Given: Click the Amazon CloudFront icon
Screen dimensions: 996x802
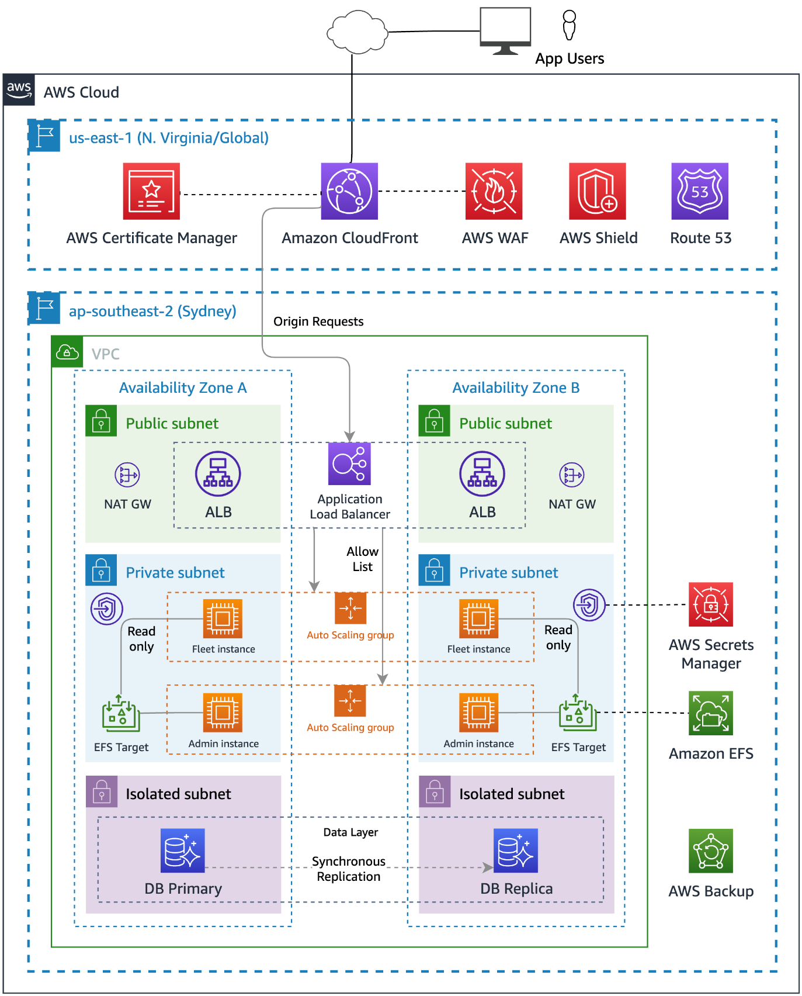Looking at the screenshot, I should coord(349,191).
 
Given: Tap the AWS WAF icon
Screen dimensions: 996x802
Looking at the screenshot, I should coord(494,191).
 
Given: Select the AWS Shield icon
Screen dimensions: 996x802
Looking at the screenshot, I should coord(597,191).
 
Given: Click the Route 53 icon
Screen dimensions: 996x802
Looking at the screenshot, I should coord(700,191).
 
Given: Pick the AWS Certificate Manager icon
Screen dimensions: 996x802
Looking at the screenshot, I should coord(151,191).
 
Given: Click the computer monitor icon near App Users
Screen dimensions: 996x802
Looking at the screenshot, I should coord(505,30).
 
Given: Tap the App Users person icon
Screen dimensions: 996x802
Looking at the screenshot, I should coord(569,25).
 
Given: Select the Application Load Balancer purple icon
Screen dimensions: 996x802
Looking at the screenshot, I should coord(349,464).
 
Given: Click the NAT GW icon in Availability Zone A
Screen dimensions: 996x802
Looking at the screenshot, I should coord(127,475).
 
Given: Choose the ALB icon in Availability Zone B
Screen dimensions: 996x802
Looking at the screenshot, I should coord(482,473).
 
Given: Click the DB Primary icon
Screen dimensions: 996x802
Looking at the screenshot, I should coord(183,850).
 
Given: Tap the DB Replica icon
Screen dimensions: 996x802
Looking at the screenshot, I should coord(515,850).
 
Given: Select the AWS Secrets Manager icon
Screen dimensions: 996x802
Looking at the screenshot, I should coord(710,604).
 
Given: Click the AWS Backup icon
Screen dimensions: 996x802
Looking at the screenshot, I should coord(710,850).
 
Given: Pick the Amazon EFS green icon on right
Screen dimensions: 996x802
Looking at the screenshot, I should coord(710,713).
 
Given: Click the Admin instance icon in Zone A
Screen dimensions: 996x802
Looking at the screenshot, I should coord(223,713).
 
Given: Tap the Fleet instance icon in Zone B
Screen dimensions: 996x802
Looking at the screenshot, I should coord(478,618).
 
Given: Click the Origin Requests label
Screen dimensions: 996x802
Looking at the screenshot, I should coord(318,321).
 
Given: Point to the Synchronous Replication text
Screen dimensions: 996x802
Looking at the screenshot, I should coord(349,869).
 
